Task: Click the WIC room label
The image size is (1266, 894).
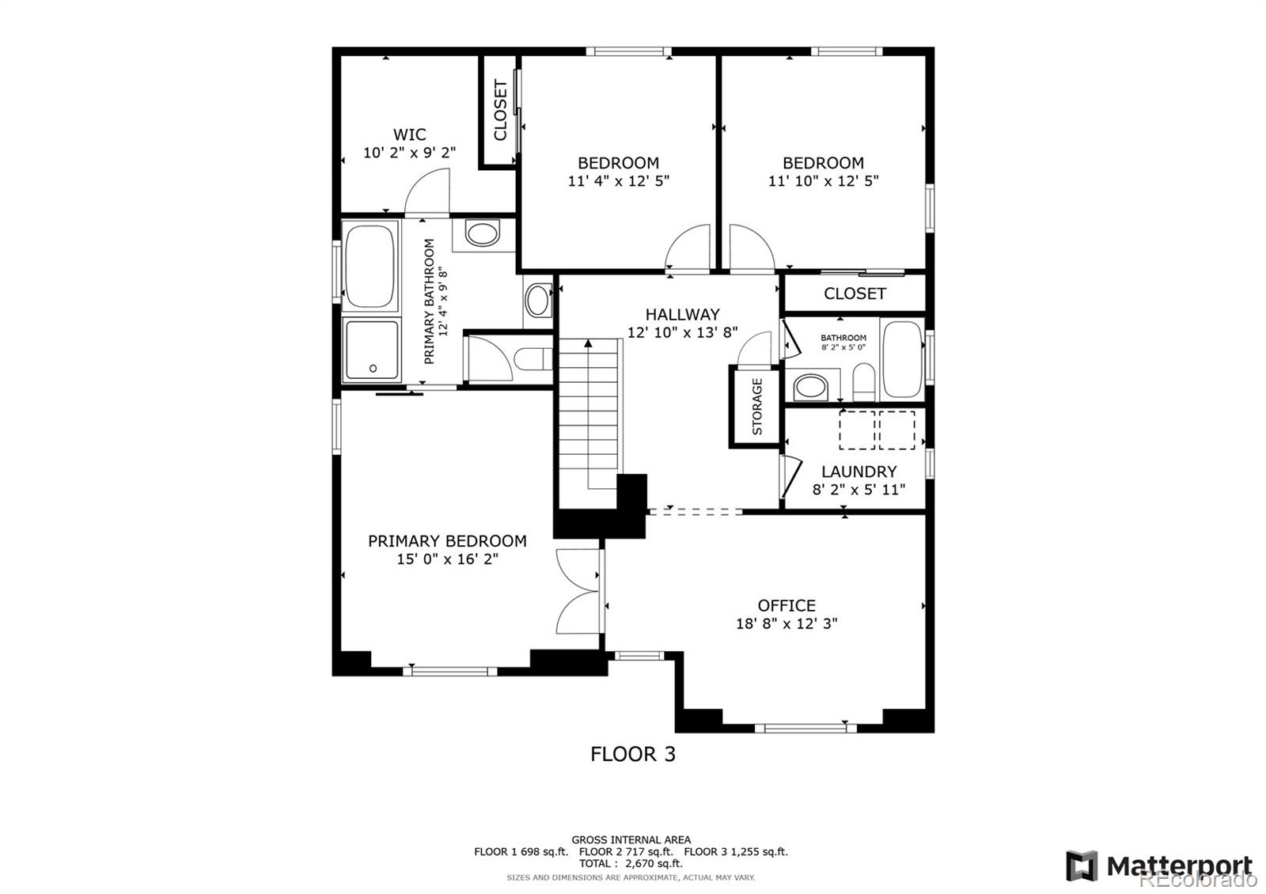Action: pos(410,134)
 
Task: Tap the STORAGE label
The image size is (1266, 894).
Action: pos(757,407)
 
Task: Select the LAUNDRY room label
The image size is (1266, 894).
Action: pos(859,472)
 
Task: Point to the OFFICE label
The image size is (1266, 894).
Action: pos(787,605)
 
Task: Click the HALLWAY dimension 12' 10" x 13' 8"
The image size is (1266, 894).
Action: pos(683,332)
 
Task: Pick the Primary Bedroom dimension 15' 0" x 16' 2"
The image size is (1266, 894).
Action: pos(448,559)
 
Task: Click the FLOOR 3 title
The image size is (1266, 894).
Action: pos(633,754)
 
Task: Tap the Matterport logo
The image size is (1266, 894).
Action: pos(1159,866)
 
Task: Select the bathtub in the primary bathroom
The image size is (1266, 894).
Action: pos(370,266)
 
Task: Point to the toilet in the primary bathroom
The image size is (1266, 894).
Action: pos(533,359)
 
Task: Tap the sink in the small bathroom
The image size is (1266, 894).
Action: pos(811,388)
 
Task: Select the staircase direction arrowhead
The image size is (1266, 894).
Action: pos(589,343)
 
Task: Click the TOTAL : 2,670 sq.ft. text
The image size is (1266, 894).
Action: pos(631,863)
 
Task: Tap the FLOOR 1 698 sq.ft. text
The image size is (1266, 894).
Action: pos(521,851)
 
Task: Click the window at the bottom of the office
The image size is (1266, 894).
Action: pos(806,729)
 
